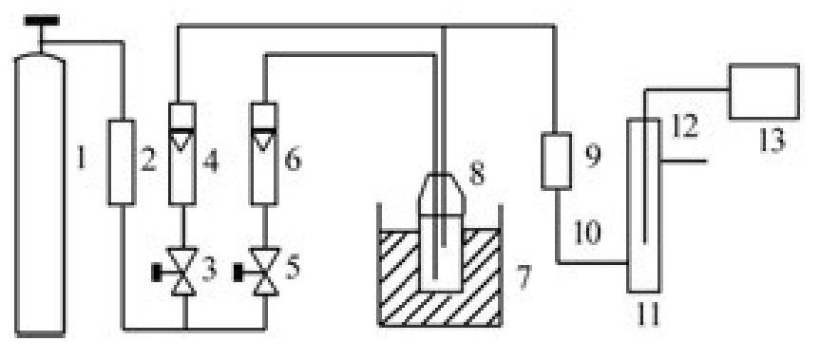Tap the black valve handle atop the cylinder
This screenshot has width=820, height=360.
[x=41, y=20]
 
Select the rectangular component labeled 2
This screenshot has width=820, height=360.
[x=122, y=162]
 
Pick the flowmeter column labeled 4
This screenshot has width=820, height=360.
[x=182, y=153]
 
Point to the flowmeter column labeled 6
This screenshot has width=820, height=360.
[x=264, y=153]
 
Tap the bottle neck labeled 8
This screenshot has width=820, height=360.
[x=442, y=194]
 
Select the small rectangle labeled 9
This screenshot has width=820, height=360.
[x=556, y=161]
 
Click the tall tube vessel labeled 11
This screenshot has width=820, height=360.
[x=644, y=205]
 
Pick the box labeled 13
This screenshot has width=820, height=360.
[x=764, y=91]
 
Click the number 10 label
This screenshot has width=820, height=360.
[x=587, y=233]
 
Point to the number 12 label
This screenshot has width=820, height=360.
[x=685, y=126]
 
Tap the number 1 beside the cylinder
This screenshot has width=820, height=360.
[x=81, y=158]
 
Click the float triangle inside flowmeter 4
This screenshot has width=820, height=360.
[x=181, y=142]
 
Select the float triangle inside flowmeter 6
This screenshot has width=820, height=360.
[x=263, y=142]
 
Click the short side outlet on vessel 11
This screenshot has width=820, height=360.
[x=684, y=161]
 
